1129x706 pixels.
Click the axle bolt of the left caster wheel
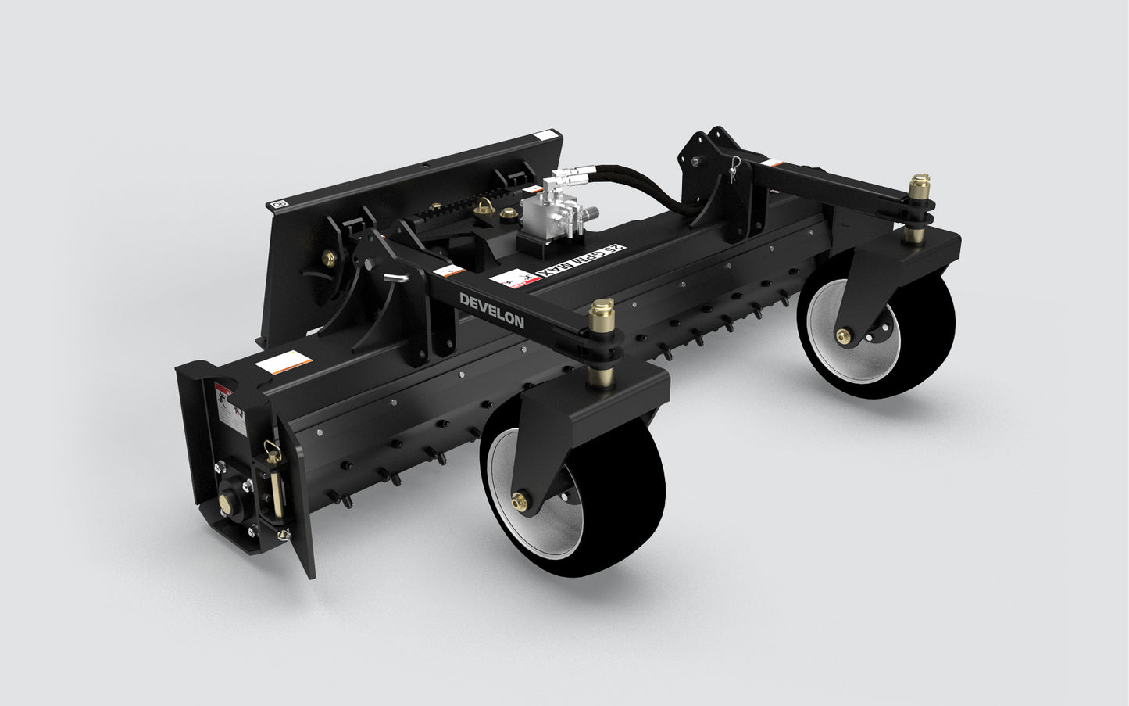(518, 500)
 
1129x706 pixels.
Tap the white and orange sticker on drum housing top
(285, 361)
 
